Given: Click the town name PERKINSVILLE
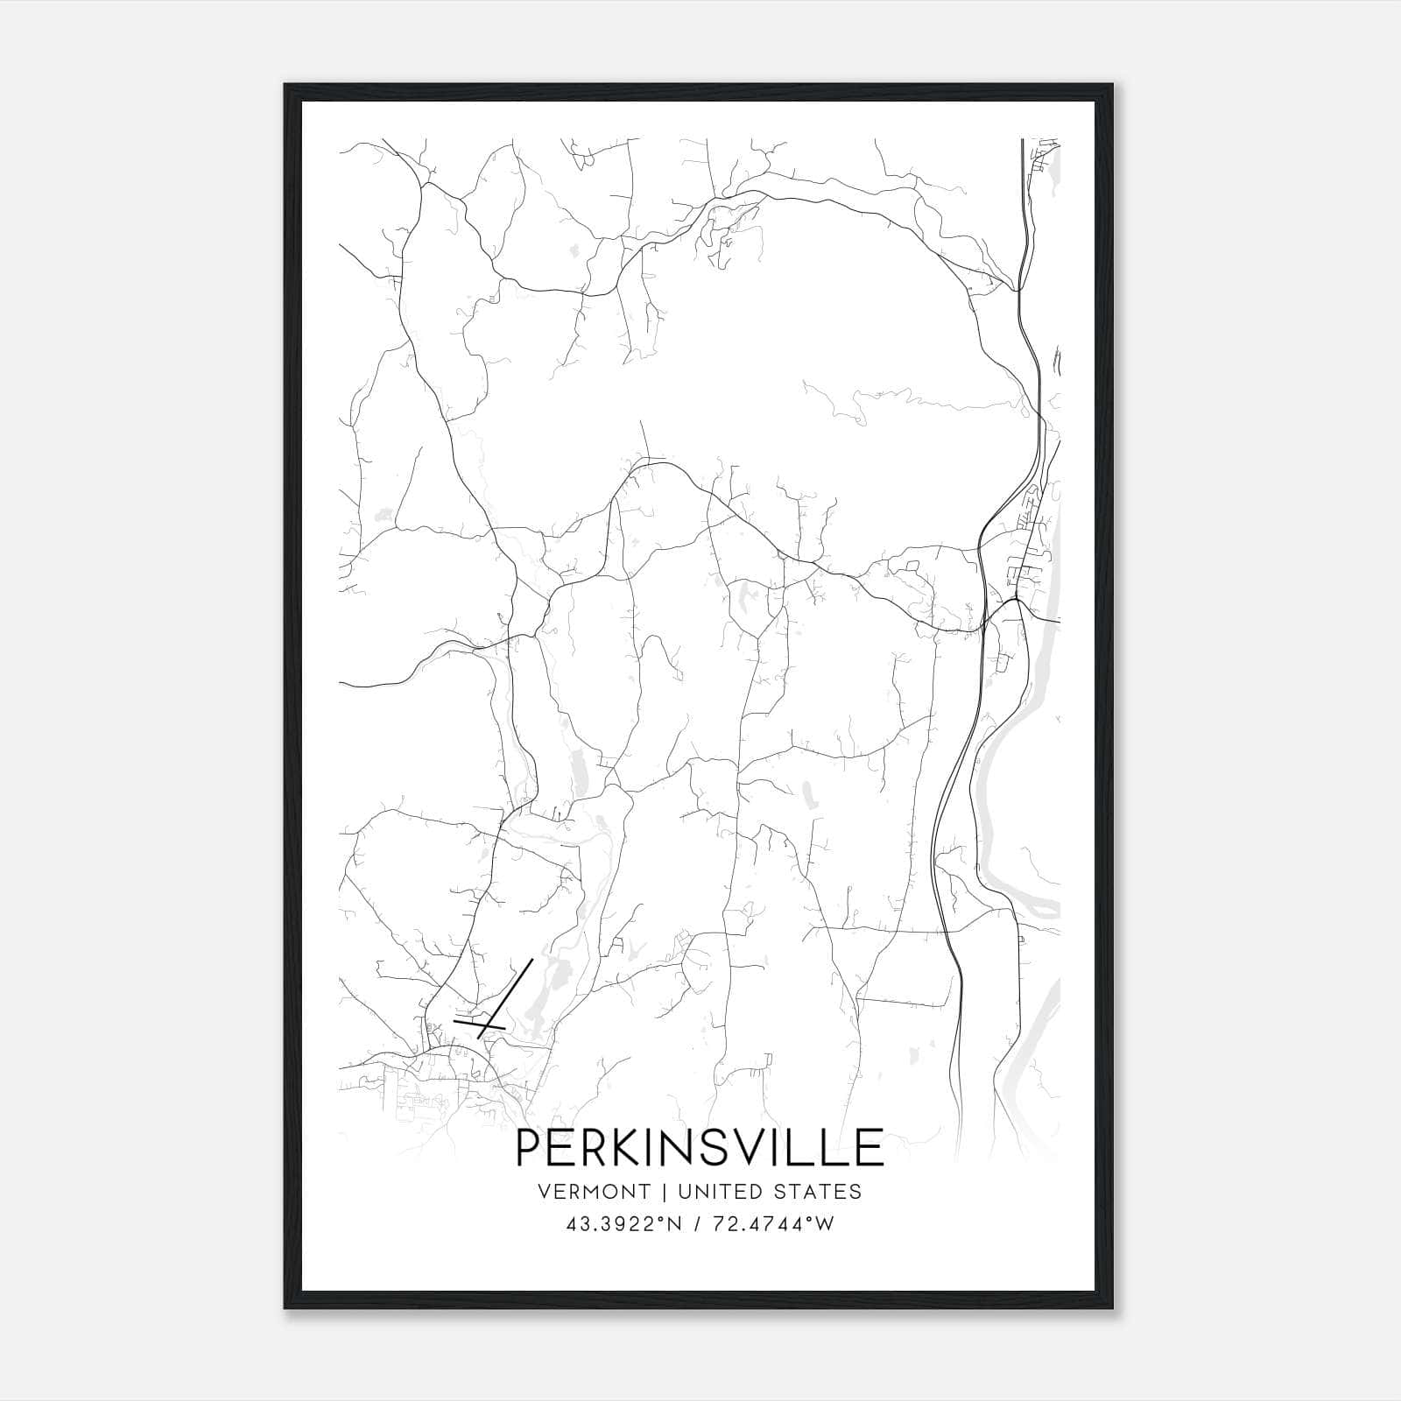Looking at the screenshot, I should point(700,1148).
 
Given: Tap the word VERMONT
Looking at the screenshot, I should point(595,1192).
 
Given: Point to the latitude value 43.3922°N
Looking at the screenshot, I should point(624,1224).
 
